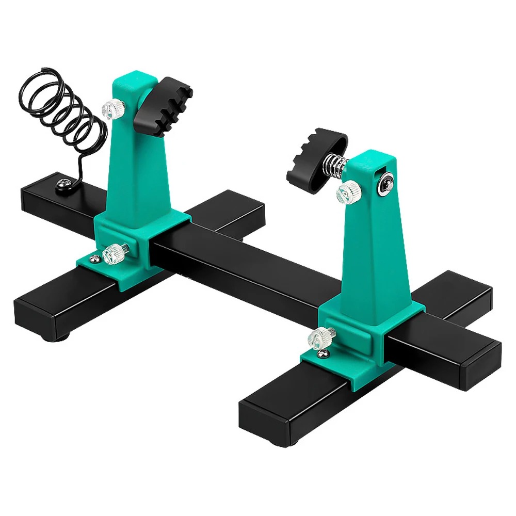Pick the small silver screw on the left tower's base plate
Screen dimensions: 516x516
click(93, 258)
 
